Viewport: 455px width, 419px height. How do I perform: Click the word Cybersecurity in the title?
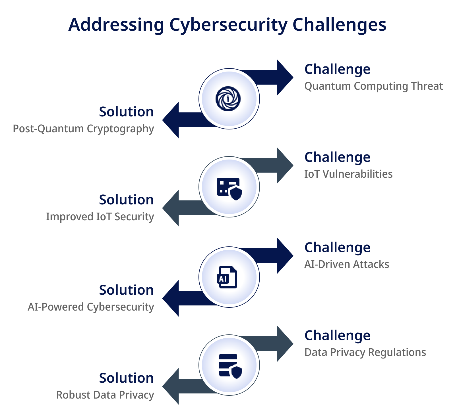[x=228, y=25]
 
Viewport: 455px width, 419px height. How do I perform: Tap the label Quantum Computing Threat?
[x=373, y=86]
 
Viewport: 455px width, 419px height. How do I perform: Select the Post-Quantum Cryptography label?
[x=83, y=129]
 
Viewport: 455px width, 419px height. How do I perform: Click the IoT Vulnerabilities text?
[x=348, y=174]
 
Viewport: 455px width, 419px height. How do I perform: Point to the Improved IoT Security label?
[x=100, y=217]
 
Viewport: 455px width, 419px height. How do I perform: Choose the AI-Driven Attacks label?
[x=347, y=264]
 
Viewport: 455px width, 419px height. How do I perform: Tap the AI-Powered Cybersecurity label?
[x=91, y=307]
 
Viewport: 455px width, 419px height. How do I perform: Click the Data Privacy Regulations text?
[x=365, y=352]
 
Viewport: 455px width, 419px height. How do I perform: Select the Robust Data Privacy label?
[x=105, y=395]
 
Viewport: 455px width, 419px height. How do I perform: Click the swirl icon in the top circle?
[x=228, y=99]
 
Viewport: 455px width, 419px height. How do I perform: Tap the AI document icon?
[x=227, y=277]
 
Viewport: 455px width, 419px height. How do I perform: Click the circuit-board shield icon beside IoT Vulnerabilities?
[x=229, y=189]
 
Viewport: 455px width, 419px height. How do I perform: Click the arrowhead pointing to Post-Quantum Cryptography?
[x=171, y=120]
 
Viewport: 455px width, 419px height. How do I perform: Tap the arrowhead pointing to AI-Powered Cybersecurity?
[x=171, y=298]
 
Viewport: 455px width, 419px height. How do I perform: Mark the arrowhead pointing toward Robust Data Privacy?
[x=171, y=386]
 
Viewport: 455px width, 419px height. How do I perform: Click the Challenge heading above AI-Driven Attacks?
[x=337, y=248]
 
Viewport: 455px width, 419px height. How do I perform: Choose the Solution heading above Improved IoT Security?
[x=126, y=200]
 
